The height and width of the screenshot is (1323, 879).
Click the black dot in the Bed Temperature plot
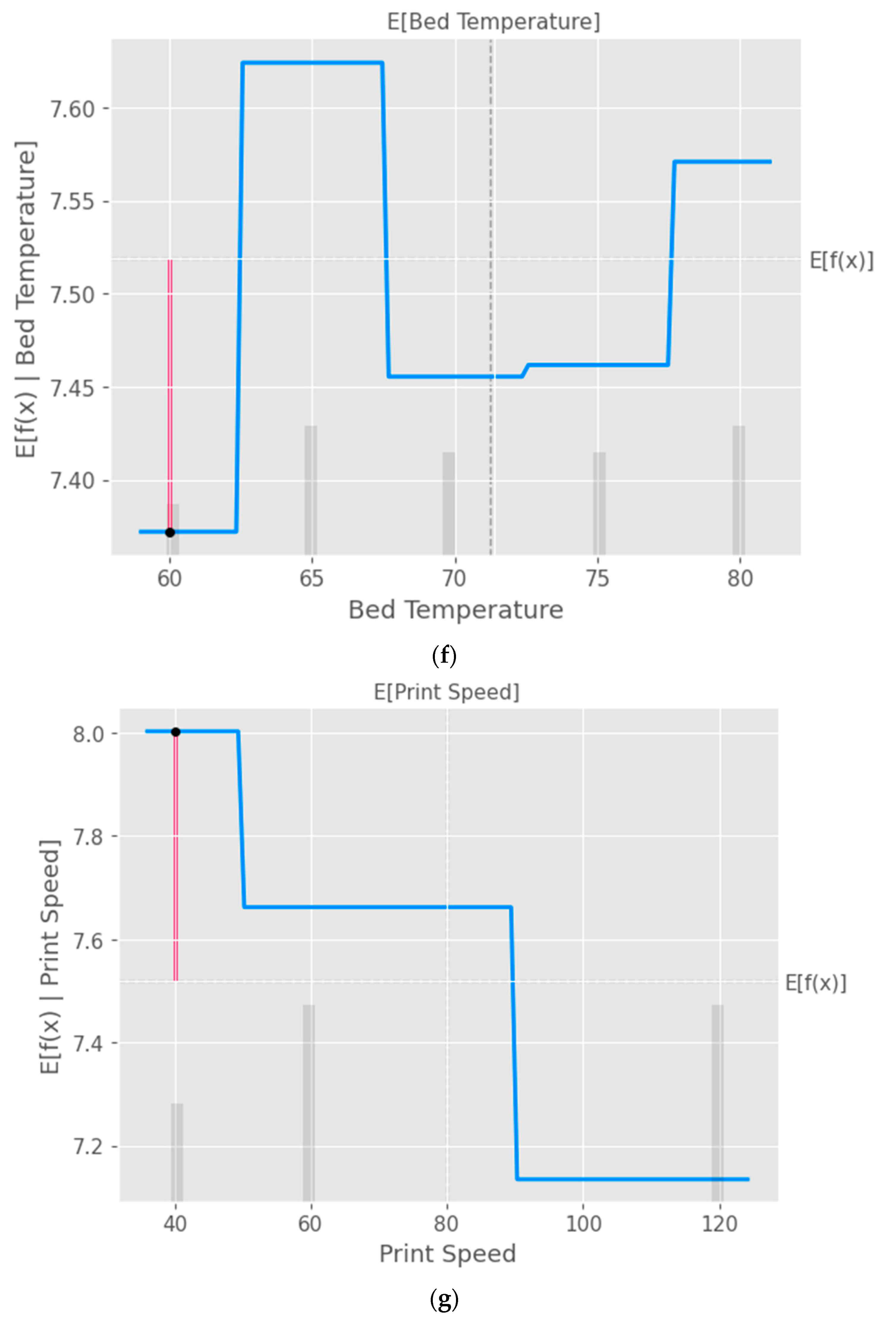(170, 532)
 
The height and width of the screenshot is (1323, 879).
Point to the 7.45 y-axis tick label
(73, 388)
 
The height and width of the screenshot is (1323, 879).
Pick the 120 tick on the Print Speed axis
(720, 1224)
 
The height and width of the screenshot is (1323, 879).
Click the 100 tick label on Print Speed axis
(583, 1224)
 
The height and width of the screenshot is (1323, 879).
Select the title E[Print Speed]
(447, 692)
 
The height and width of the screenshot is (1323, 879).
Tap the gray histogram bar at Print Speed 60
(309, 1102)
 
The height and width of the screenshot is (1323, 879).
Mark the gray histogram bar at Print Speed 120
(718, 1102)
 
